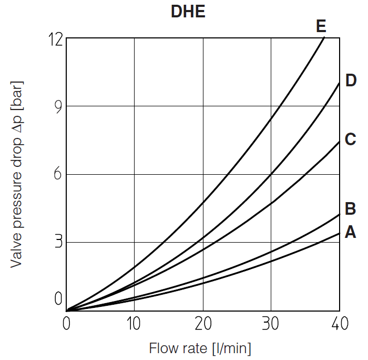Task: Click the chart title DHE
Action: point(188,12)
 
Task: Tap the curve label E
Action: point(321,26)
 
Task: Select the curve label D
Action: point(351,81)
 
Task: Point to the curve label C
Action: point(351,139)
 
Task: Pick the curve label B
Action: point(351,209)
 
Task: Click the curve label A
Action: point(351,232)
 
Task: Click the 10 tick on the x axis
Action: point(135,324)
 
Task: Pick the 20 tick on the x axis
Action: point(203,324)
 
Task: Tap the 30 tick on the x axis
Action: point(271,324)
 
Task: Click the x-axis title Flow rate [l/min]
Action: point(200,348)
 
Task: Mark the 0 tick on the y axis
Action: point(58,299)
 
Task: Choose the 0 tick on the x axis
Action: point(67,324)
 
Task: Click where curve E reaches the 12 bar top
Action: point(324,38)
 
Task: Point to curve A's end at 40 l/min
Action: point(339,233)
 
